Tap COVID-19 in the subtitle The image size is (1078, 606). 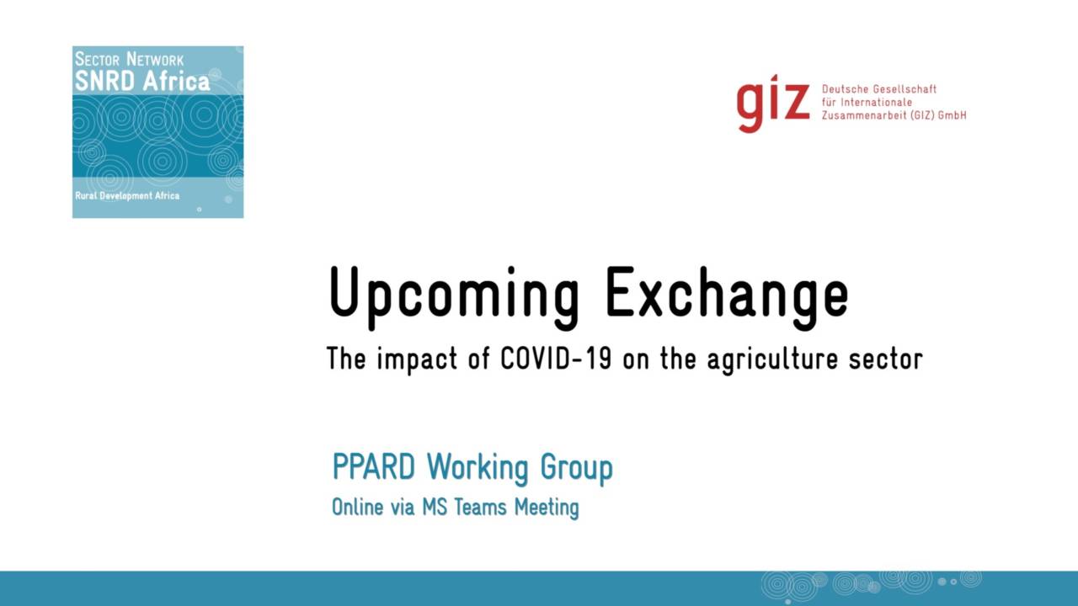click(556, 359)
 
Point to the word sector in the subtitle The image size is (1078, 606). click(885, 359)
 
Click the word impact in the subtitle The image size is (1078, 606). click(417, 360)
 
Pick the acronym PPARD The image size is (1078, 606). click(373, 466)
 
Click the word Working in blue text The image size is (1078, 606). click(478, 469)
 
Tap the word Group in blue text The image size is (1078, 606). click(577, 469)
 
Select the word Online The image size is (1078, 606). click(357, 507)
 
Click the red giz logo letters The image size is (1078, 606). click(773, 103)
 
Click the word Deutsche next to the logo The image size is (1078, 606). click(845, 89)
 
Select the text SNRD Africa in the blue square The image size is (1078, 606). click(142, 81)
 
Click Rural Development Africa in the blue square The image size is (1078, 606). click(127, 196)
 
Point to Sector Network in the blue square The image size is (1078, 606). click(129, 60)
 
